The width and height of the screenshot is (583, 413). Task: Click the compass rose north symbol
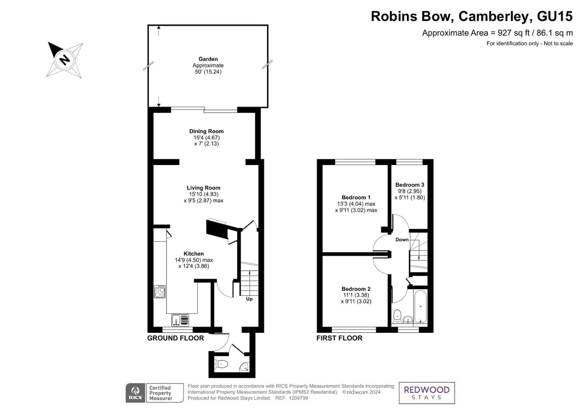click(65, 60)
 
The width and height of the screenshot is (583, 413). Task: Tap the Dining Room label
click(206, 131)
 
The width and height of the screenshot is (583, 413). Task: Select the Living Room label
click(203, 188)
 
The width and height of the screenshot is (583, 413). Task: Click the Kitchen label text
click(194, 254)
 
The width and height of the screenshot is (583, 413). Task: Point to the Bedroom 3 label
click(409, 185)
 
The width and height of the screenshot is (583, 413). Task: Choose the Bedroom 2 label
click(356, 289)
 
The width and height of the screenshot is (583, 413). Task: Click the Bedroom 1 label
click(356, 197)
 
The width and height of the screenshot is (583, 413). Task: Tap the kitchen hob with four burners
click(160, 292)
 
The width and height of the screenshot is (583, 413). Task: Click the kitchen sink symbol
click(180, 320)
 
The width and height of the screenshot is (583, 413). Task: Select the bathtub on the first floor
click(420, 307)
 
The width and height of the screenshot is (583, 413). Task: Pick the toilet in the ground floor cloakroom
click(221, 364)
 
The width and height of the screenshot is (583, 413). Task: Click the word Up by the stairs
click(249, 299)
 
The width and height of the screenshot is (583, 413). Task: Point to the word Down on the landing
click(402, 240)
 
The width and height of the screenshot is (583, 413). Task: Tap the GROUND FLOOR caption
click(175, 338)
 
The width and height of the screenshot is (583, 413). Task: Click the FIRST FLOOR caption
click(339, 338)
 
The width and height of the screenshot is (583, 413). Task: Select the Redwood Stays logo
click(427, 393)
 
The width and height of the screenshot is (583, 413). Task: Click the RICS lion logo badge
click(135, 393)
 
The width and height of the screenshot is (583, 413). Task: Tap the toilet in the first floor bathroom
click(397, 316)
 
